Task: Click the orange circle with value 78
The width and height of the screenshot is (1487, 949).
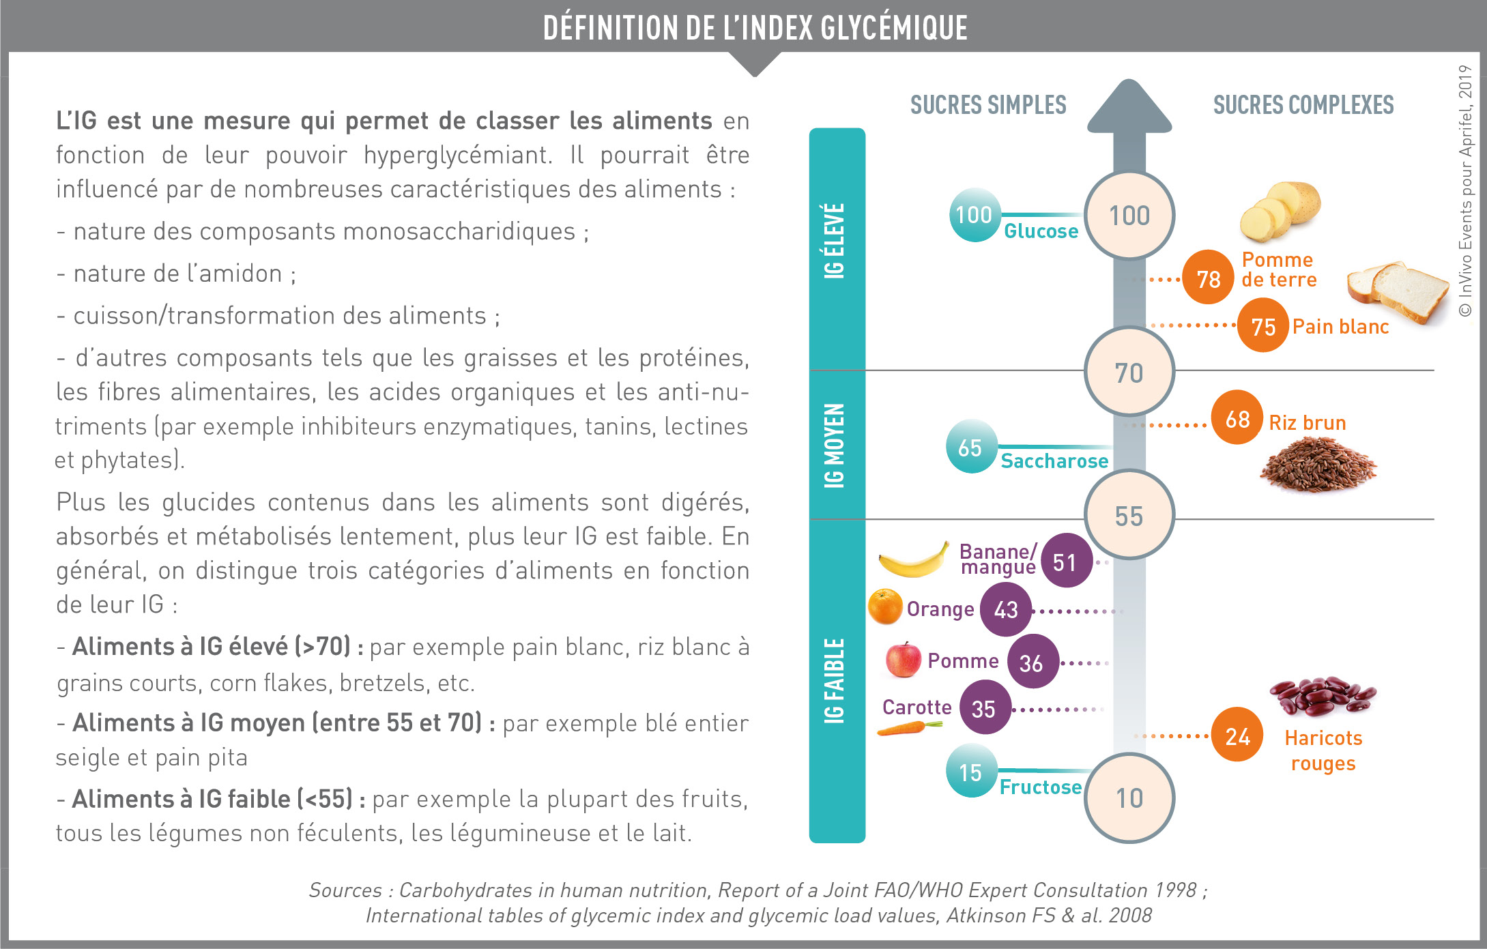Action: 1208,278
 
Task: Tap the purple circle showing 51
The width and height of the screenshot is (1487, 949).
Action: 1066,561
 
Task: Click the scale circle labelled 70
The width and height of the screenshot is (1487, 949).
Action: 1129,372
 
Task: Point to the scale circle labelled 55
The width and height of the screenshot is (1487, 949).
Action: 1129,515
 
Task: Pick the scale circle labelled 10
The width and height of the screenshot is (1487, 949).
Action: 1129,798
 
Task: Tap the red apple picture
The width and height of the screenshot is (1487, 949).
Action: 903,659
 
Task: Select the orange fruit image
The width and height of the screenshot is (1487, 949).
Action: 885,607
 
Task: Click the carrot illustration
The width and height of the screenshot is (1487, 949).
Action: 910,728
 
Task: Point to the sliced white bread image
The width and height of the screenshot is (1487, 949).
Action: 1398,291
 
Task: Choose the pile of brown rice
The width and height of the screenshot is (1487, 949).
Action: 1318,464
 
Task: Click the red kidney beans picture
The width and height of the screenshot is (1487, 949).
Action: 1323,696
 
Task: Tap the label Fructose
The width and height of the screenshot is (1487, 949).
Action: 1041,787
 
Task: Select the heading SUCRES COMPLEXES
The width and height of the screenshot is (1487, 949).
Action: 1303,105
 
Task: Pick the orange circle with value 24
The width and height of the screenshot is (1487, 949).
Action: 1237,735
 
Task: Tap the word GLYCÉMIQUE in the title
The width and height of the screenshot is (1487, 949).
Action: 894,28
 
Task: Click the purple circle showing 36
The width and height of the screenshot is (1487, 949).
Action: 1033,661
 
